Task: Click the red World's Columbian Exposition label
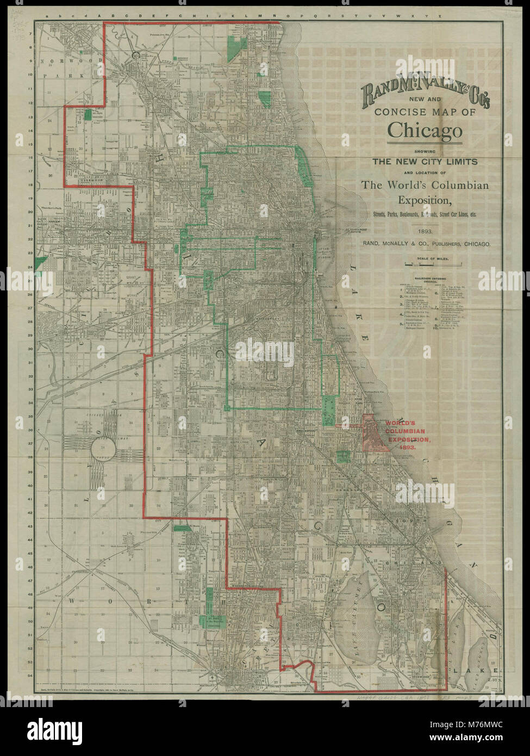pyautogui.click(x=407, y=435)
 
